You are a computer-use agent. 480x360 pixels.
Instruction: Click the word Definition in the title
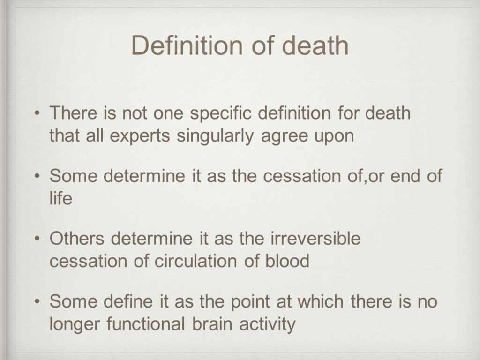point(187,45)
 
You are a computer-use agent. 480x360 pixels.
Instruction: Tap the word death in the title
point(315,45)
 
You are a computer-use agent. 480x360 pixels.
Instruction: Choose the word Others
point(77,239)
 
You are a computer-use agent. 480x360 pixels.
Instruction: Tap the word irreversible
point(315,239)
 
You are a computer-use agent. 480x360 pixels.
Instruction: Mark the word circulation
point(195,261)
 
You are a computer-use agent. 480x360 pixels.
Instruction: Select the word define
point(128,301)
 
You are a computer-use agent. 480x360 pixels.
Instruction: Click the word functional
point(145,323)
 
